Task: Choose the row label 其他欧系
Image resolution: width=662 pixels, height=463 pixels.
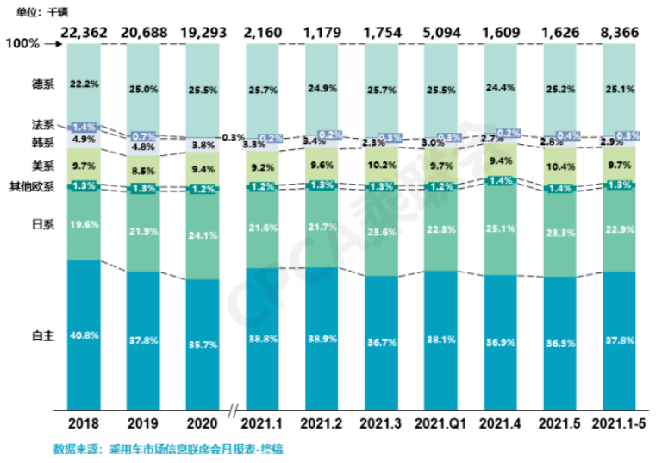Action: [x=34, y=186]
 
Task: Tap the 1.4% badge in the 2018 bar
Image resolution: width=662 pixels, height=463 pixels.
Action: [x=84, y=126]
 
